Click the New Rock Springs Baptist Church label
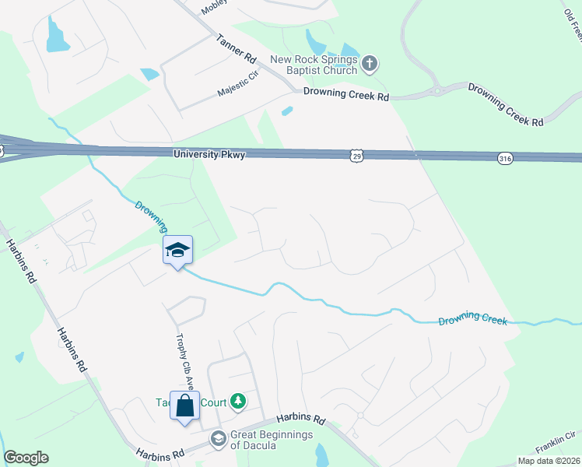click(314, 65)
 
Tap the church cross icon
click(370, 63)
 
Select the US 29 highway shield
click(356, 156)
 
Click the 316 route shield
click(503, 158)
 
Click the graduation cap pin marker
click(177, 250)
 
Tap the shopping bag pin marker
click(184, 406)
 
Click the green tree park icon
click(238, 402)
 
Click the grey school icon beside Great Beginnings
click(218, 440)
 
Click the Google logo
click(26, 458)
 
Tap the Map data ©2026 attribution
click(549, 461)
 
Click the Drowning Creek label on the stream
click(473, 321)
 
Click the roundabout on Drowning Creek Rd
click(437, 90)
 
